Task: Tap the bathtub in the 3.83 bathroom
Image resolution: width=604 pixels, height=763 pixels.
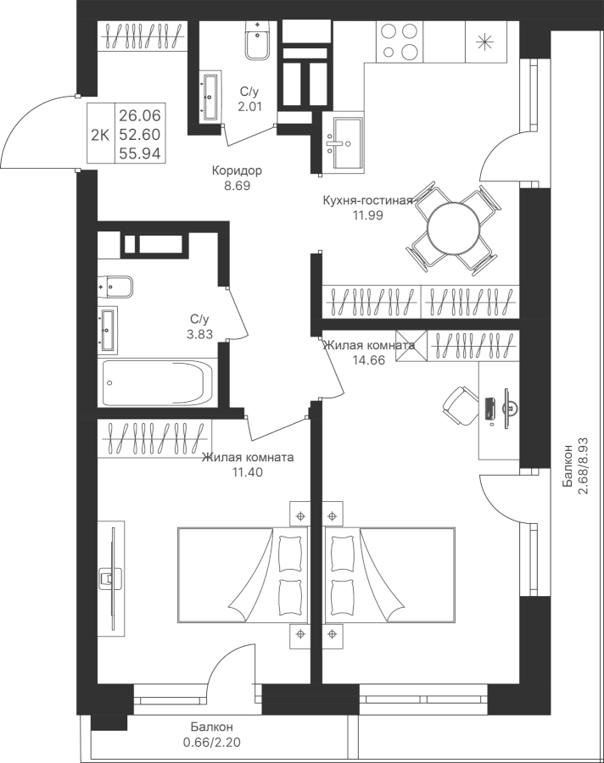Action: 158,383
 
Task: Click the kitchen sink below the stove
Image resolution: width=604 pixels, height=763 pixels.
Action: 346,142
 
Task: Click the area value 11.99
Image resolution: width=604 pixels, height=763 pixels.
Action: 366,215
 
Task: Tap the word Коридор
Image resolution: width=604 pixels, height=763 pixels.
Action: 237,170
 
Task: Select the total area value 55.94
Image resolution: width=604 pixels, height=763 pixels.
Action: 140,153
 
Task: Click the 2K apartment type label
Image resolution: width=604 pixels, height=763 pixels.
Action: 99,133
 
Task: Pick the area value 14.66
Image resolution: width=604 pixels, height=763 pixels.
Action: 369,359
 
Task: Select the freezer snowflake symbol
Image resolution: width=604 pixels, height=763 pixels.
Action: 486,40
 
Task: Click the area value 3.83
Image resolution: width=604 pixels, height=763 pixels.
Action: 199,333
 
